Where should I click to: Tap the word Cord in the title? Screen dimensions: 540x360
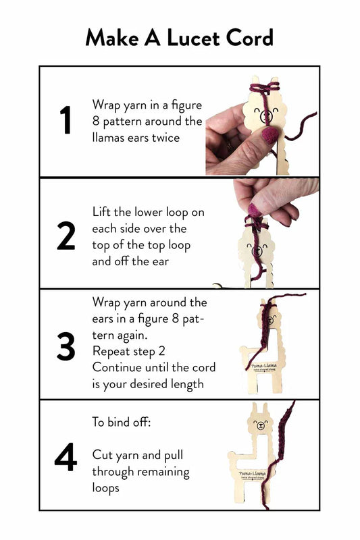[248, 38]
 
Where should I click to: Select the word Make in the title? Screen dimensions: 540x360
[112, 38]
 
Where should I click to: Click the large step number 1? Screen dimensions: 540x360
[66, 122]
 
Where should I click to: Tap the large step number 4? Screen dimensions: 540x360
[66, 457]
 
